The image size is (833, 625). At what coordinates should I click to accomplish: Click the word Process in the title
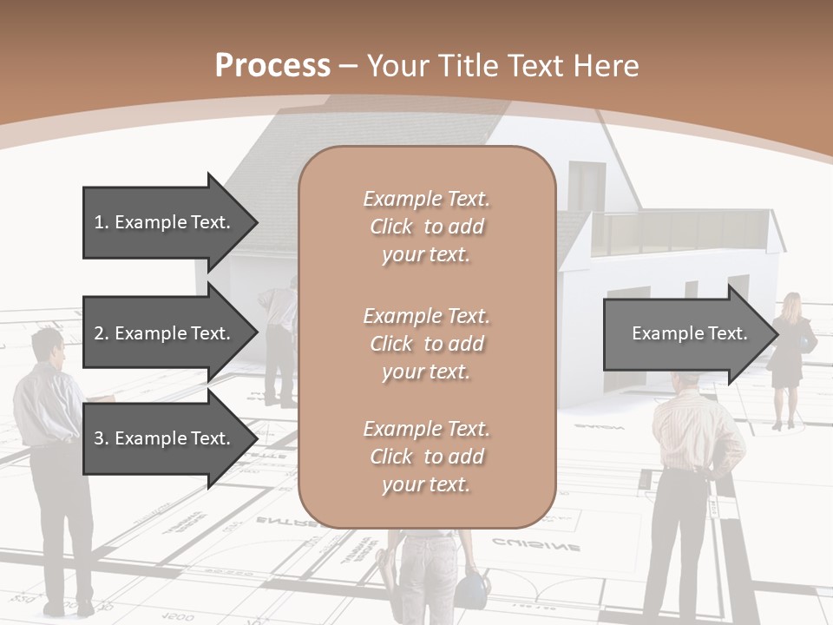tap(272, 66)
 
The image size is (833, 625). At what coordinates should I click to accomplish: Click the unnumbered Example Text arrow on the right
tap(685, 334)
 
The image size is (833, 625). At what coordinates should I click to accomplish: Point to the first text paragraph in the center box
tap(426, 227)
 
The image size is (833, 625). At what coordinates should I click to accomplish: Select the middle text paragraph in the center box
tap(426, 344)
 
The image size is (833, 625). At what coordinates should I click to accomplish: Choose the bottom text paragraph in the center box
tap(426, 457)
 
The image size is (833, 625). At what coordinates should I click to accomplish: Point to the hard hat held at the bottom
tap(469, 590)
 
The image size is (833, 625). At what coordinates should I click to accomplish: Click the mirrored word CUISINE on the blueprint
tap(537, 546)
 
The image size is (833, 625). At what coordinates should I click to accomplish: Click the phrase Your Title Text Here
tap(503, 66)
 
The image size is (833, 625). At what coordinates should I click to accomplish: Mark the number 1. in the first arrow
tap(102, 222)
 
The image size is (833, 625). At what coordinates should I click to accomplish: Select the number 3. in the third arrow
tap(102, 438)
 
